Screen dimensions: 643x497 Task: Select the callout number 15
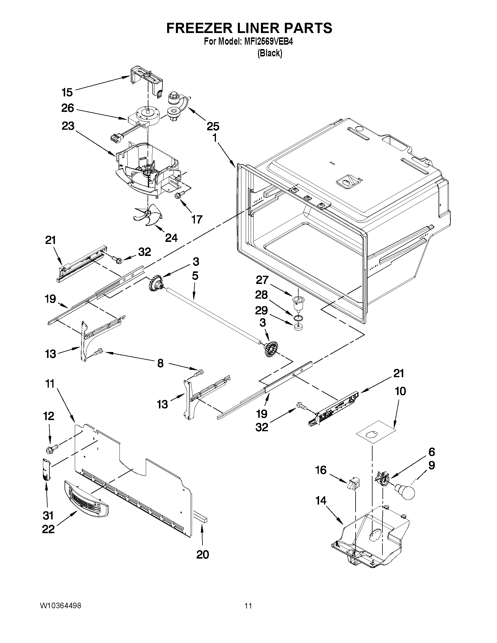(x=67, y=92)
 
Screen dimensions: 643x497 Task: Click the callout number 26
(x=67, y=108)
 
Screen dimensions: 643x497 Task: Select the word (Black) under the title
(x=270, y=53)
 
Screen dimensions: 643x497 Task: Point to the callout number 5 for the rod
(x=195, y=276)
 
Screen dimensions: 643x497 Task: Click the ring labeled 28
(x=299, y=317)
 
